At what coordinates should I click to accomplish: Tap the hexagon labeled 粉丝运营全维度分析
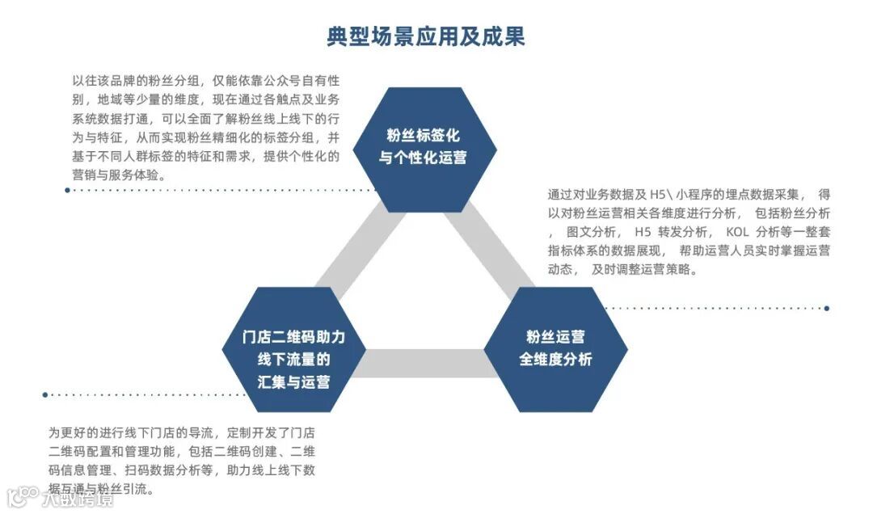tap(555, 348)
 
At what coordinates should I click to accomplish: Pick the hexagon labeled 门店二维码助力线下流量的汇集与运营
tap(293, 348)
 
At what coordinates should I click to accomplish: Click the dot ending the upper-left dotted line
tap(67, 191)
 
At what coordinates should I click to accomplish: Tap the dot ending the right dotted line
tap(827, 308)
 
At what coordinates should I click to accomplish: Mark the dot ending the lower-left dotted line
tap(45, 395)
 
